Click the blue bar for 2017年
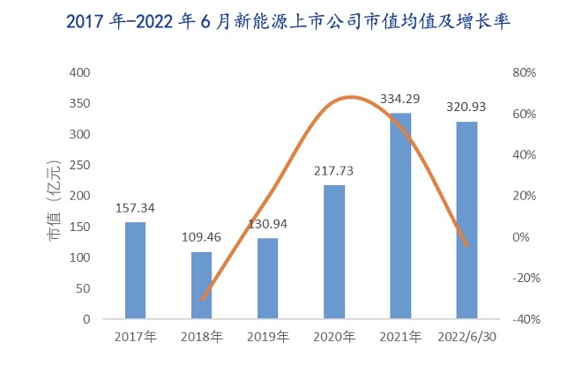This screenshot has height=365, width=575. pyautogui.click(x=135, y=271)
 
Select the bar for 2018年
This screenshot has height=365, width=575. pyautogui.click(x=201, y=286)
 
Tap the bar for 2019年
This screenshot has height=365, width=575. pyautogui.click(x=267, y=279)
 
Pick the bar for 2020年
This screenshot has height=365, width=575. pyautogui.click(x=334, y=252)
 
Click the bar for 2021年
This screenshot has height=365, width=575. pyautogui.click(x=400, y=216)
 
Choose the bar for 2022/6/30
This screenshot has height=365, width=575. pyautogui.click(x=467, y=220)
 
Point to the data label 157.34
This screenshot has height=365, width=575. pyautogui.click(x=135, y=209)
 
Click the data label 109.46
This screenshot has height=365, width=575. pyautogui.click(x=201, y=238)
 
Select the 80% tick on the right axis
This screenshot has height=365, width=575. pyautogui.click(x=526, y=72)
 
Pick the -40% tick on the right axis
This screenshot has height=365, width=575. pyautogui.click(x=525, y=319)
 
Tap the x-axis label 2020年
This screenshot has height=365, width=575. pyautogui.click(x=334, y=336)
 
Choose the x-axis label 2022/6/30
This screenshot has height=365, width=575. pyautogui.click(x=467, y=336)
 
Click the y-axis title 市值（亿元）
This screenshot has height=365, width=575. pyautogui.click(x=55, y=196)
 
